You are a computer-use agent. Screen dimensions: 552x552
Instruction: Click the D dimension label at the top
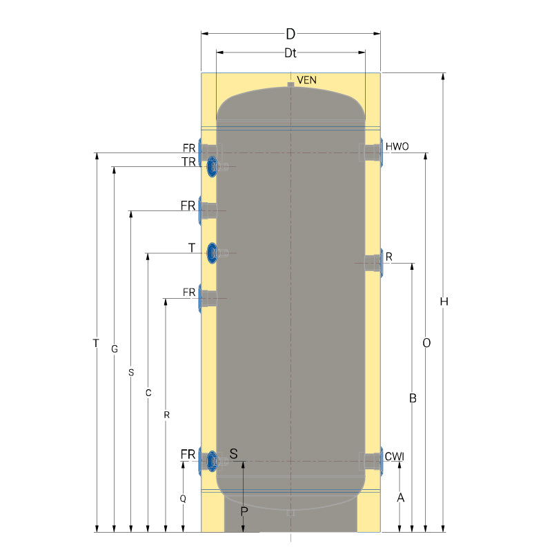(290, 34)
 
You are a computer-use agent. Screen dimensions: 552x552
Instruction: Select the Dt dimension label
(290, 53)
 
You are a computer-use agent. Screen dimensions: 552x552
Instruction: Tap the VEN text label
(306, 80)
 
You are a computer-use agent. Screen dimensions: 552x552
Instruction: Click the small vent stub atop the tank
(290, 84)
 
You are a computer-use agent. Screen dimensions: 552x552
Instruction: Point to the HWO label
(397, 146)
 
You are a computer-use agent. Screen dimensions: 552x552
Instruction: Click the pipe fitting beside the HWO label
(373, 152)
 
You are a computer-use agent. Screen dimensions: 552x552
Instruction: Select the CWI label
(394, 457)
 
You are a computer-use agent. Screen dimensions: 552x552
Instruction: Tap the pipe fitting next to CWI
(373, 461)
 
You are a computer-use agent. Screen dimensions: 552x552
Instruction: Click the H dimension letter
(444, 302)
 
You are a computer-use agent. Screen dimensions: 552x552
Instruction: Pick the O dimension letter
(426, 343)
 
